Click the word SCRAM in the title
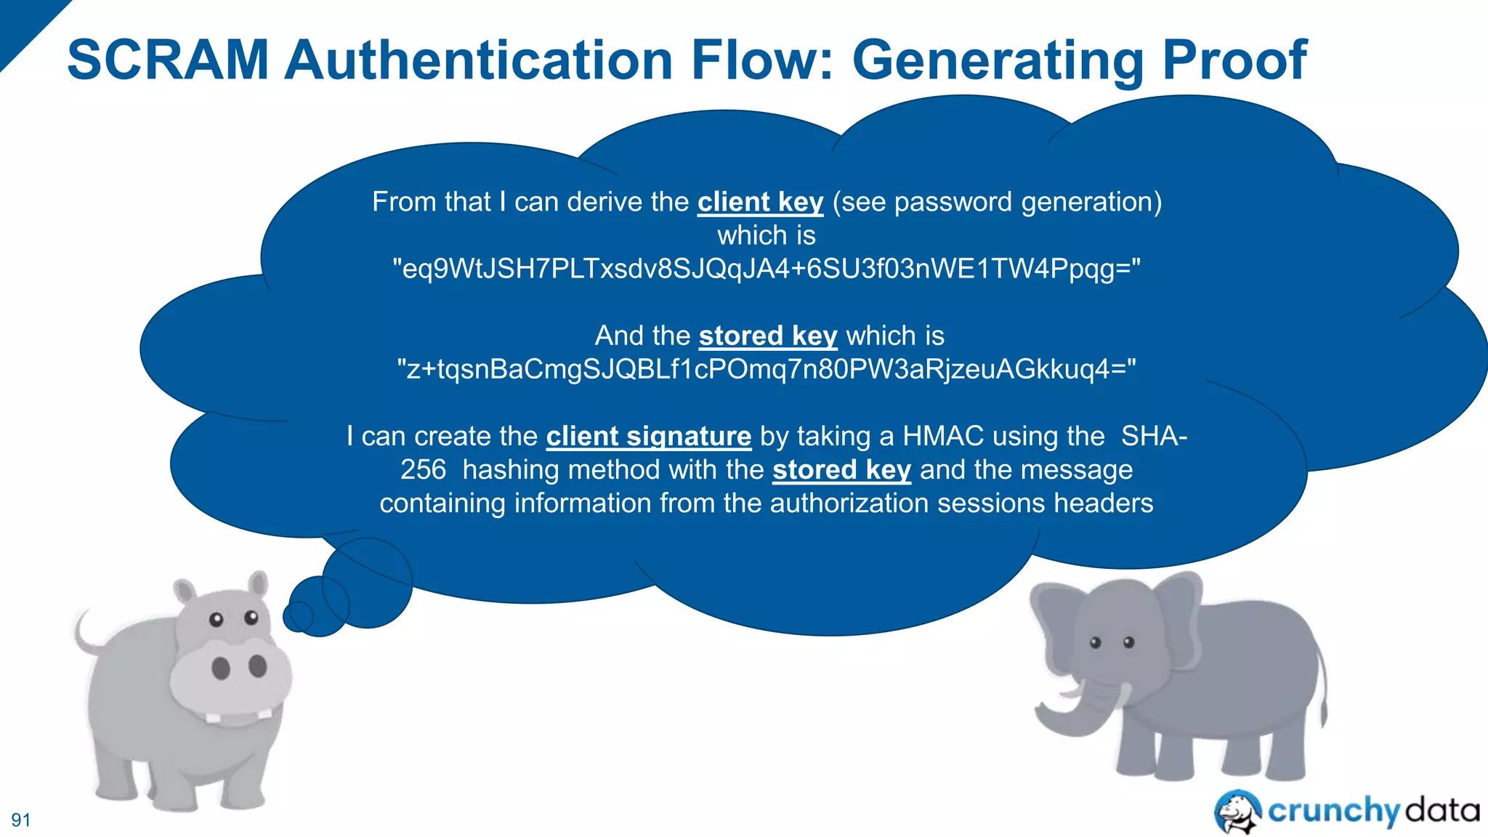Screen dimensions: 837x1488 tap(169, 60)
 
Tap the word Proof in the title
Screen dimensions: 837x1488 tap(1234, 60)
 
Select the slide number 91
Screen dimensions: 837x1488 tap(21, 820)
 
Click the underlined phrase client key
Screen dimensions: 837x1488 tap(760, 202)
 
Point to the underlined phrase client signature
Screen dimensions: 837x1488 tap(648, 436)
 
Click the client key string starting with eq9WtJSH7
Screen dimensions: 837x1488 tap(767, 269)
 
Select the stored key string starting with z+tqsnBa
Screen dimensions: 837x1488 tap(767, 369)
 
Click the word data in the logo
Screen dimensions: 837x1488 tap(1441, 809)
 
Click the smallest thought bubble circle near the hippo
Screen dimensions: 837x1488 tap(298, 617)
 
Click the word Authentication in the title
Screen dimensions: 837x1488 tap(480, 60)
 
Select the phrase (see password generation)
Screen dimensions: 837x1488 tap(997, 202)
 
